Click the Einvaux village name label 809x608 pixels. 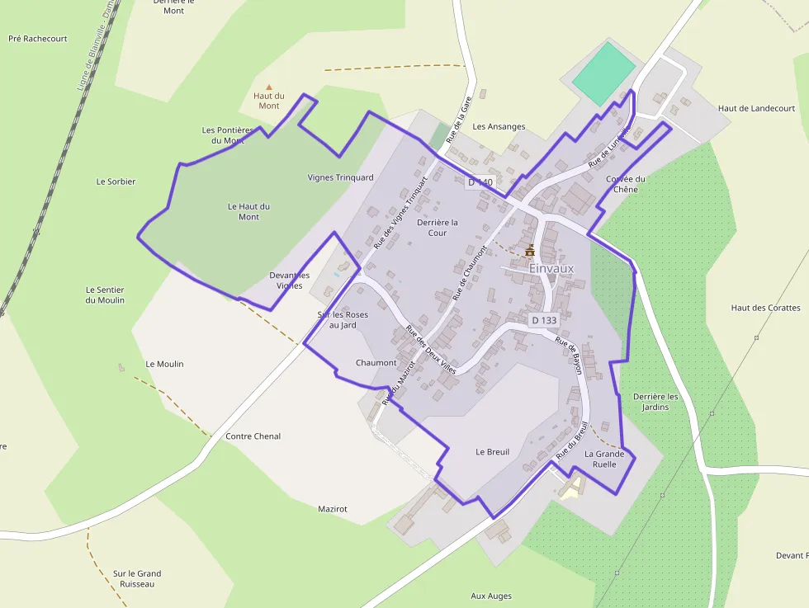551,268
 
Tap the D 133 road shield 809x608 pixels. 544,319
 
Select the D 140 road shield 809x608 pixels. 480,181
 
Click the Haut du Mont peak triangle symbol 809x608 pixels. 268,87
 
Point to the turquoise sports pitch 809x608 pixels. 604,73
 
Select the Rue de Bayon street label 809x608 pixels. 569,356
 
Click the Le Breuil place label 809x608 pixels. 493,452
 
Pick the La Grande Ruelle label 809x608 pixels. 604,459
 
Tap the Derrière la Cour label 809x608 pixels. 438,228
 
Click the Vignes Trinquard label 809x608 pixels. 340,177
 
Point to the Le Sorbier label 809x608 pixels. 116,181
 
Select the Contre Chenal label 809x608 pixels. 253,436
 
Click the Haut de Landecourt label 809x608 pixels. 756,108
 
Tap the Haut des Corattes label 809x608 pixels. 765,308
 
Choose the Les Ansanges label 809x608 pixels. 499,126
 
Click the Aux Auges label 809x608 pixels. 491,596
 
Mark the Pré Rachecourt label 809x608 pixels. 37,38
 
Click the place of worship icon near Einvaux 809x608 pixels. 529,250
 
